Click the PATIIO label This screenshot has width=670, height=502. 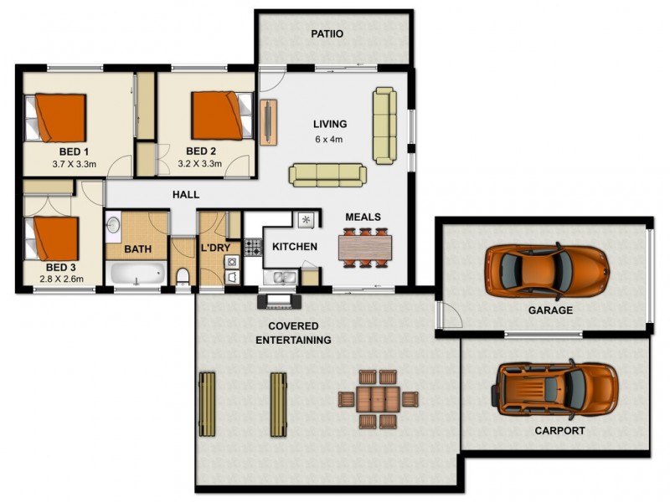coord(326,34)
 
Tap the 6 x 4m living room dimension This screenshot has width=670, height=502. coord(329,139)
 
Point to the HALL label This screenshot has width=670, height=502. coord(186,194)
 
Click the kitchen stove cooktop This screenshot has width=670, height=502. coord(253,248)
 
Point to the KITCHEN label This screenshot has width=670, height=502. coord(295,247)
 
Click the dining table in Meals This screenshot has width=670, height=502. coord(364,248)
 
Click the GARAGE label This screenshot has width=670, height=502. coord(550,310)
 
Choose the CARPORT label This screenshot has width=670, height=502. coord(559,432)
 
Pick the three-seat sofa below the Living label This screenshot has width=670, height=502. coord(327,174)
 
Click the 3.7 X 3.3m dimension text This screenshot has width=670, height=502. coord(74,164)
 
